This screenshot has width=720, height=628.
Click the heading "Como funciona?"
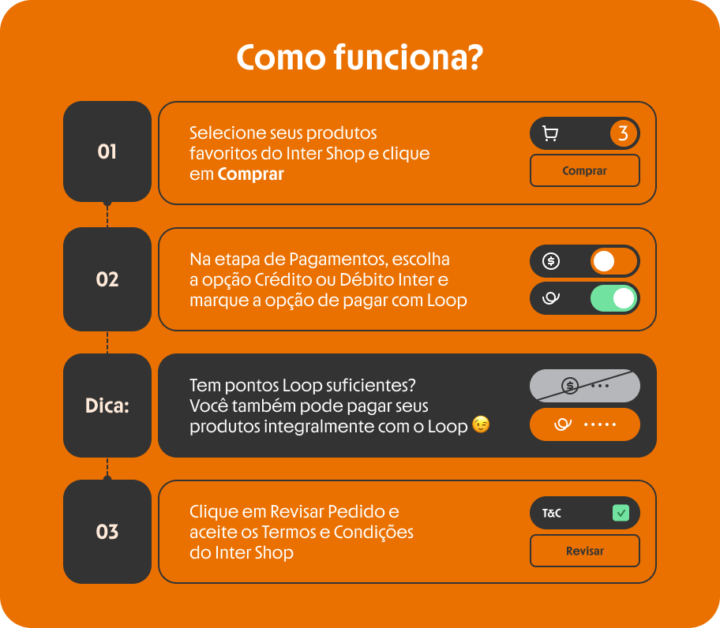[x=360, y=58]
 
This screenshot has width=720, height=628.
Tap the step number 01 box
[x=107, y=151]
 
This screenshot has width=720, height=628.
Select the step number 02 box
[x=107, y=279]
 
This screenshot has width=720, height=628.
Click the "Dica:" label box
[x=107, y=406]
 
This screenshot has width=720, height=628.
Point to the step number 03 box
[x=107, y=532]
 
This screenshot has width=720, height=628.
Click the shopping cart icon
[x=550, y=133]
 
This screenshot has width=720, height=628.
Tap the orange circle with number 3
[x=623, y=133]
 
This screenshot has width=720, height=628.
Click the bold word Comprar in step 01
[x=251, y=174]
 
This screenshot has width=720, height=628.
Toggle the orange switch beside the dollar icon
[x=614, y=261]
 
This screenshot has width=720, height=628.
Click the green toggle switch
[x=614, y=299]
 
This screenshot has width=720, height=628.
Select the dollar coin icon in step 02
[x=551, y=261]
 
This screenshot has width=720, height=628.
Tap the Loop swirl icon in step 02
[x=551, y=299]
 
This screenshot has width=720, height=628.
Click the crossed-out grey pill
[x=585, y=386]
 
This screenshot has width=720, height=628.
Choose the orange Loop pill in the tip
[x=585, y=424]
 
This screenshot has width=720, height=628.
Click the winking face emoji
[x=481, y=424]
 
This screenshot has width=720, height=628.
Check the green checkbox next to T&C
[x=621, y=513]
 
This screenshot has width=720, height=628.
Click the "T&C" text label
[x=552, y=513]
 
